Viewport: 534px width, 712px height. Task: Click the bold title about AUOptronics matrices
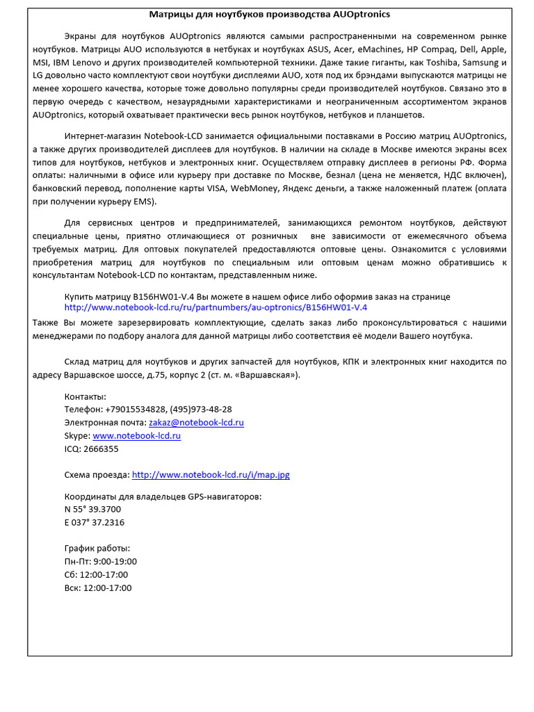tap(270, 15)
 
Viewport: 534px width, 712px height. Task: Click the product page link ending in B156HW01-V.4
tap(216, 307)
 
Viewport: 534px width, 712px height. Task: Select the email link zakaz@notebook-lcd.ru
tap(196, 423)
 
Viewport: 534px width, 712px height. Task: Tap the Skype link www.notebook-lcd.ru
tap(136, 436)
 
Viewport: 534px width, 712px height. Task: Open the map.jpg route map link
tap(211, 475)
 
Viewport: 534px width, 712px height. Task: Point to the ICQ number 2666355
tap(101, 449)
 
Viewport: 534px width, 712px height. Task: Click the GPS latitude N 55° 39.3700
tap(92, 510)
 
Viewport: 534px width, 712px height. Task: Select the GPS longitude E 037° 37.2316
tap(95, 523)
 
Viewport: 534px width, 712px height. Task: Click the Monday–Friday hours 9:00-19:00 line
tap(100, 562)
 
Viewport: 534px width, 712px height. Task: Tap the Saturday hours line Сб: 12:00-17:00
tap(96, 575)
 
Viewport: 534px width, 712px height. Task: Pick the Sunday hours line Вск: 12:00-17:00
tap(98, 588)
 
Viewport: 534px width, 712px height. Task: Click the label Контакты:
tap(86, 396)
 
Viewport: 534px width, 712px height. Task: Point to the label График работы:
tap(97, 549)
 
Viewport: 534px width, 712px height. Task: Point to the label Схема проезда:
tap(97, 475)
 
